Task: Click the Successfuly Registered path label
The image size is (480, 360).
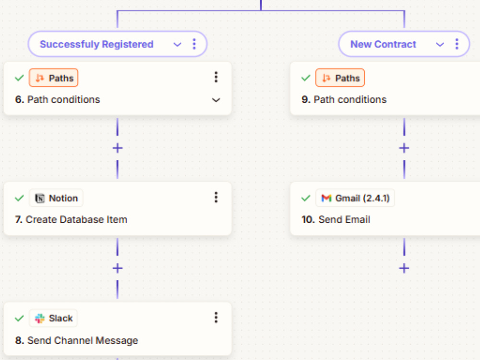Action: (x=96, y=44)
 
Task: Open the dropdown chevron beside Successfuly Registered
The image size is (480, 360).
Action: (x=177, y=44)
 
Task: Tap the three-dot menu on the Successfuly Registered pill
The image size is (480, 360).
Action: (x=194, y=44)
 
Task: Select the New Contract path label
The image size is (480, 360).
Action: (x=383, y=44)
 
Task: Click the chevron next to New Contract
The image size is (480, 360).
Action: (x=440, y=44)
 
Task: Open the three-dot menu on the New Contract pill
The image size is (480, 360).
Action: (x=457, y=44)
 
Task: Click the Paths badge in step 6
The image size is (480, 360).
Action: (x=54, y=78)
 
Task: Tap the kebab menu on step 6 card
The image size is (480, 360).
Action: (x=216, y=77)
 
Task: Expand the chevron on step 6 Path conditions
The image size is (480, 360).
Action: (x=216, y=100)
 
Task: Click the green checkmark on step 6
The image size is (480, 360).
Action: (x=19, y=78)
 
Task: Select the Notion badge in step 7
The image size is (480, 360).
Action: (x=56, y=198)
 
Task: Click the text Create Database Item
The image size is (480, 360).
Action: (x=76, y=219)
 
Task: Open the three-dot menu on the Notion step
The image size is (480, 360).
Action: (x=216, y=197)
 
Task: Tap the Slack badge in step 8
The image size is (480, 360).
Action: (x=53, y=318)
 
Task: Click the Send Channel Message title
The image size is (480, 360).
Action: (x=83, y=340)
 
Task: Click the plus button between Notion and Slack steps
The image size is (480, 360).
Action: (x=118, y=268)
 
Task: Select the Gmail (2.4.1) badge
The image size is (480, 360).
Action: (x=355, y=198)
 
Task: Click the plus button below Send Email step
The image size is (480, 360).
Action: (x=404, y=268)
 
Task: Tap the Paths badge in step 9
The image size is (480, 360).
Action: (x=340, y=78)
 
